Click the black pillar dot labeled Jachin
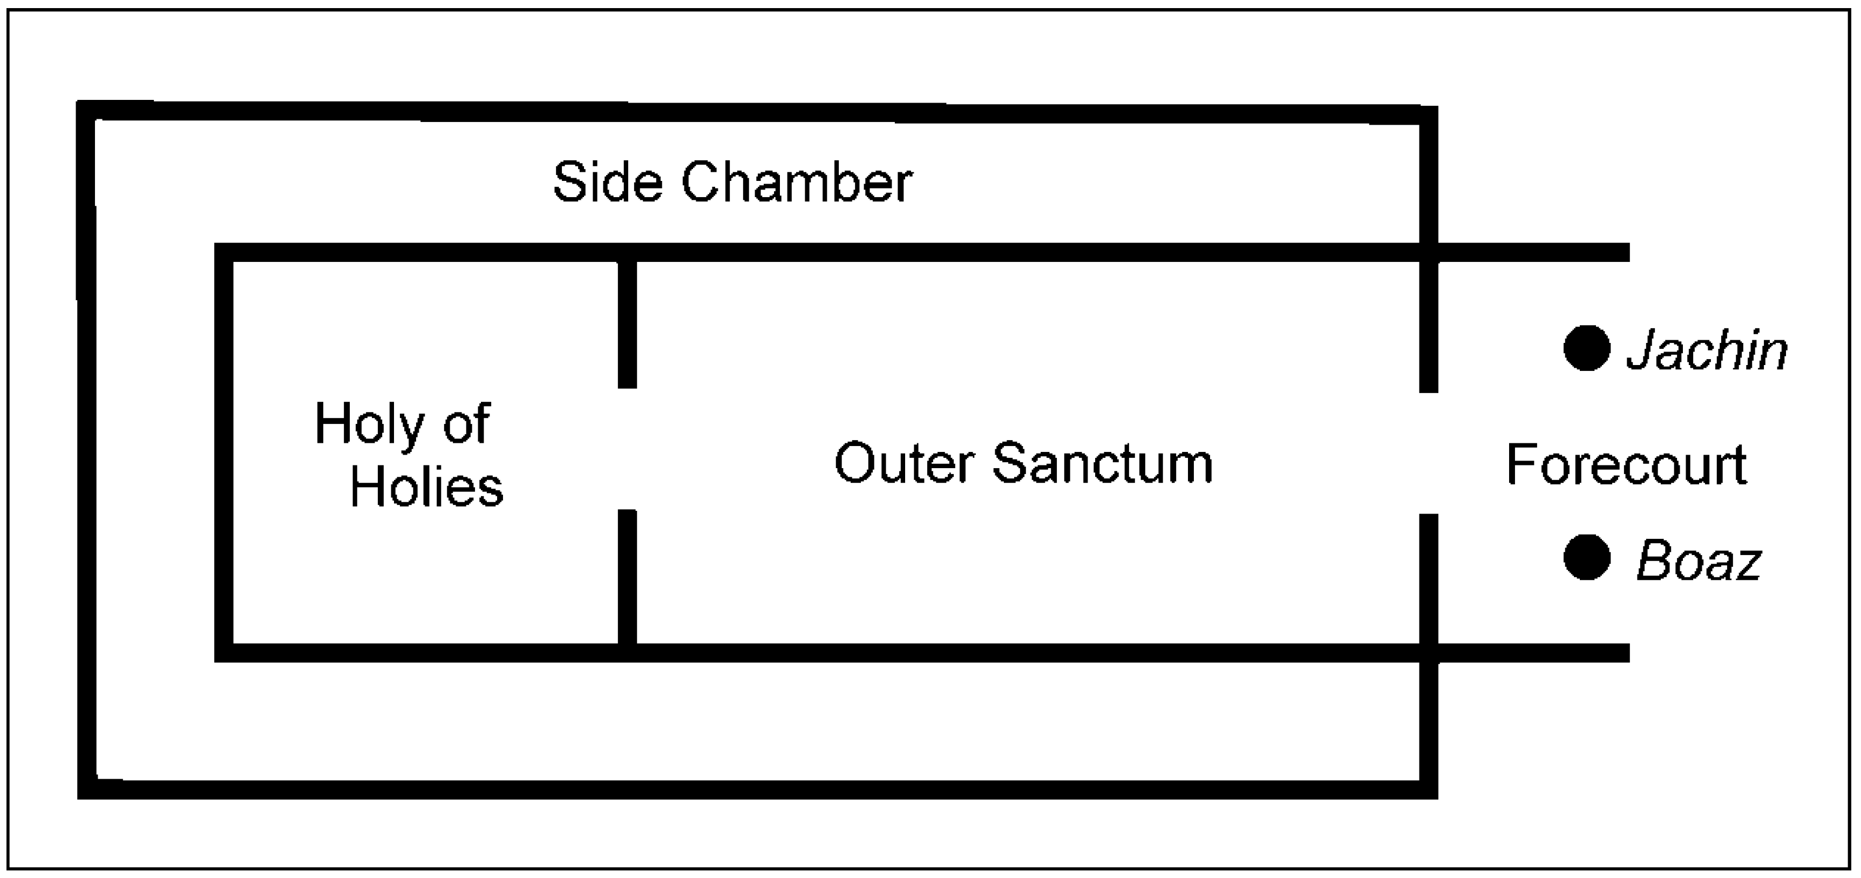pos(1586,348)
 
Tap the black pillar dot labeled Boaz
pos(1586,558)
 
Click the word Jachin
pos(1707,351)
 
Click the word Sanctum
pos(1103,463)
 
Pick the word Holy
pos(367,425)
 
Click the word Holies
pos(426,487)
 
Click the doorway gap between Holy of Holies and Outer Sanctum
pos(627,449)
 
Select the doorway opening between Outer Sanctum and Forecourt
pos(1428,453)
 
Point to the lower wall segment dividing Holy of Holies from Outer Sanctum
pos(627,576)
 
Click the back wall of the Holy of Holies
pos(224,452)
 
